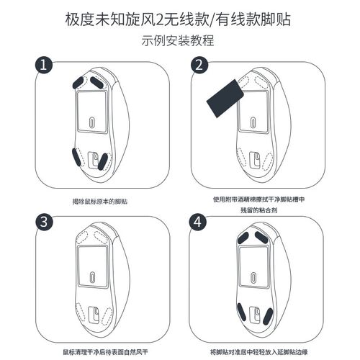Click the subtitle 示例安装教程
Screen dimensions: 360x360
179,40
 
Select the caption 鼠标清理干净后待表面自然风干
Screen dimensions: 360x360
99,353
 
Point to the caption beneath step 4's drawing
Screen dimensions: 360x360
258,353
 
